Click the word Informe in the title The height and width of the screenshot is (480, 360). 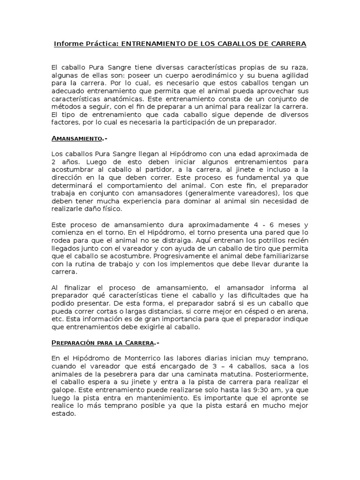click(68, 44)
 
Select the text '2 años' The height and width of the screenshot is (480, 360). click(63, 161)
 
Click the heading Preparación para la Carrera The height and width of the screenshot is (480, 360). click(103, 343)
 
